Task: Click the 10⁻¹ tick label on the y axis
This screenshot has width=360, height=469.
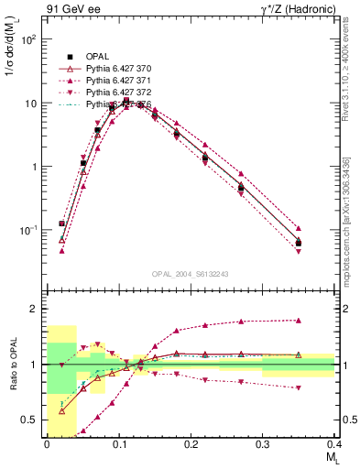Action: point(28,230)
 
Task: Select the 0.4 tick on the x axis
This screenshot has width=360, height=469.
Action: point(333,443)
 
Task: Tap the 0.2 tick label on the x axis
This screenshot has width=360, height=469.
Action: point(190,443)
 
